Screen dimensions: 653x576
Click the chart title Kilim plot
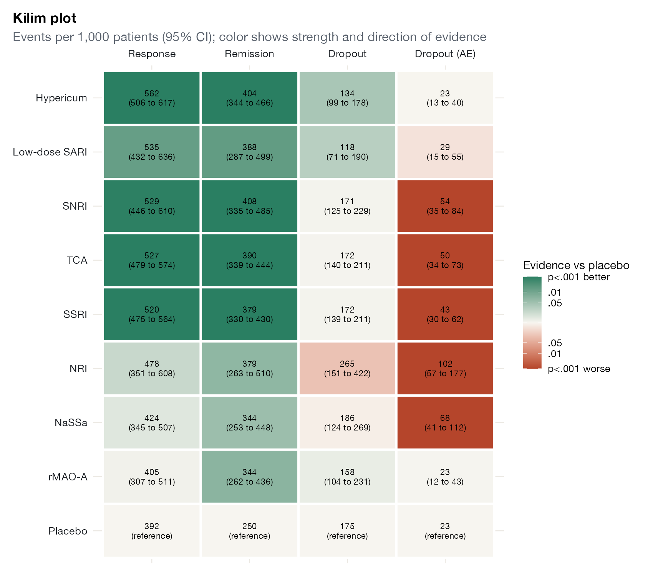click(x=45, y=18)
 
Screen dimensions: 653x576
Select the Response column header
click(x=152, y=54)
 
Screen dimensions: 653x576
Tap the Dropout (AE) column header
click(x=445, y=54)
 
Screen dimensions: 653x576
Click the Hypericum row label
click(x=61, y=98)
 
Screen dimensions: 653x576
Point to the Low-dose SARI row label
click(x=50, y=152)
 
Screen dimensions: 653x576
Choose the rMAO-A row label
click(x=68, y=477)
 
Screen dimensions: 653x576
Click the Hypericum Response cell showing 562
click(x=152, y=98)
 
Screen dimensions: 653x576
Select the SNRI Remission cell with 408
click(x=250, y=206)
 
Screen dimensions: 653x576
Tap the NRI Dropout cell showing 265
click(x=347, y=369)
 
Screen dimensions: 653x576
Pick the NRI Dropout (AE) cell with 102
click(x=445, y=369)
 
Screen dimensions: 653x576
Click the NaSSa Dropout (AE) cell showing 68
click(x=445, y=423)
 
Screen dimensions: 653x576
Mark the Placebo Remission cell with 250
click(x=250, y=531)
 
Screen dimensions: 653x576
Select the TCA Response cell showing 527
click(x=152, y=260)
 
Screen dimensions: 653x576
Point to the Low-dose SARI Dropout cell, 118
click(x=347, y=152)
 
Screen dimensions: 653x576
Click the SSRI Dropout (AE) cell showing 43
click(x=445, y=314)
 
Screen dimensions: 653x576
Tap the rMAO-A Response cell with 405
click(x=152, y=477)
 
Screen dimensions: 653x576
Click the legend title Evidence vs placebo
click(x=576, y=265)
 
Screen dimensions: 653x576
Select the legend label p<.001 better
click(x=579, y=277)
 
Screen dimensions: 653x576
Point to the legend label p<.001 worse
click(x=579, y=369)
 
